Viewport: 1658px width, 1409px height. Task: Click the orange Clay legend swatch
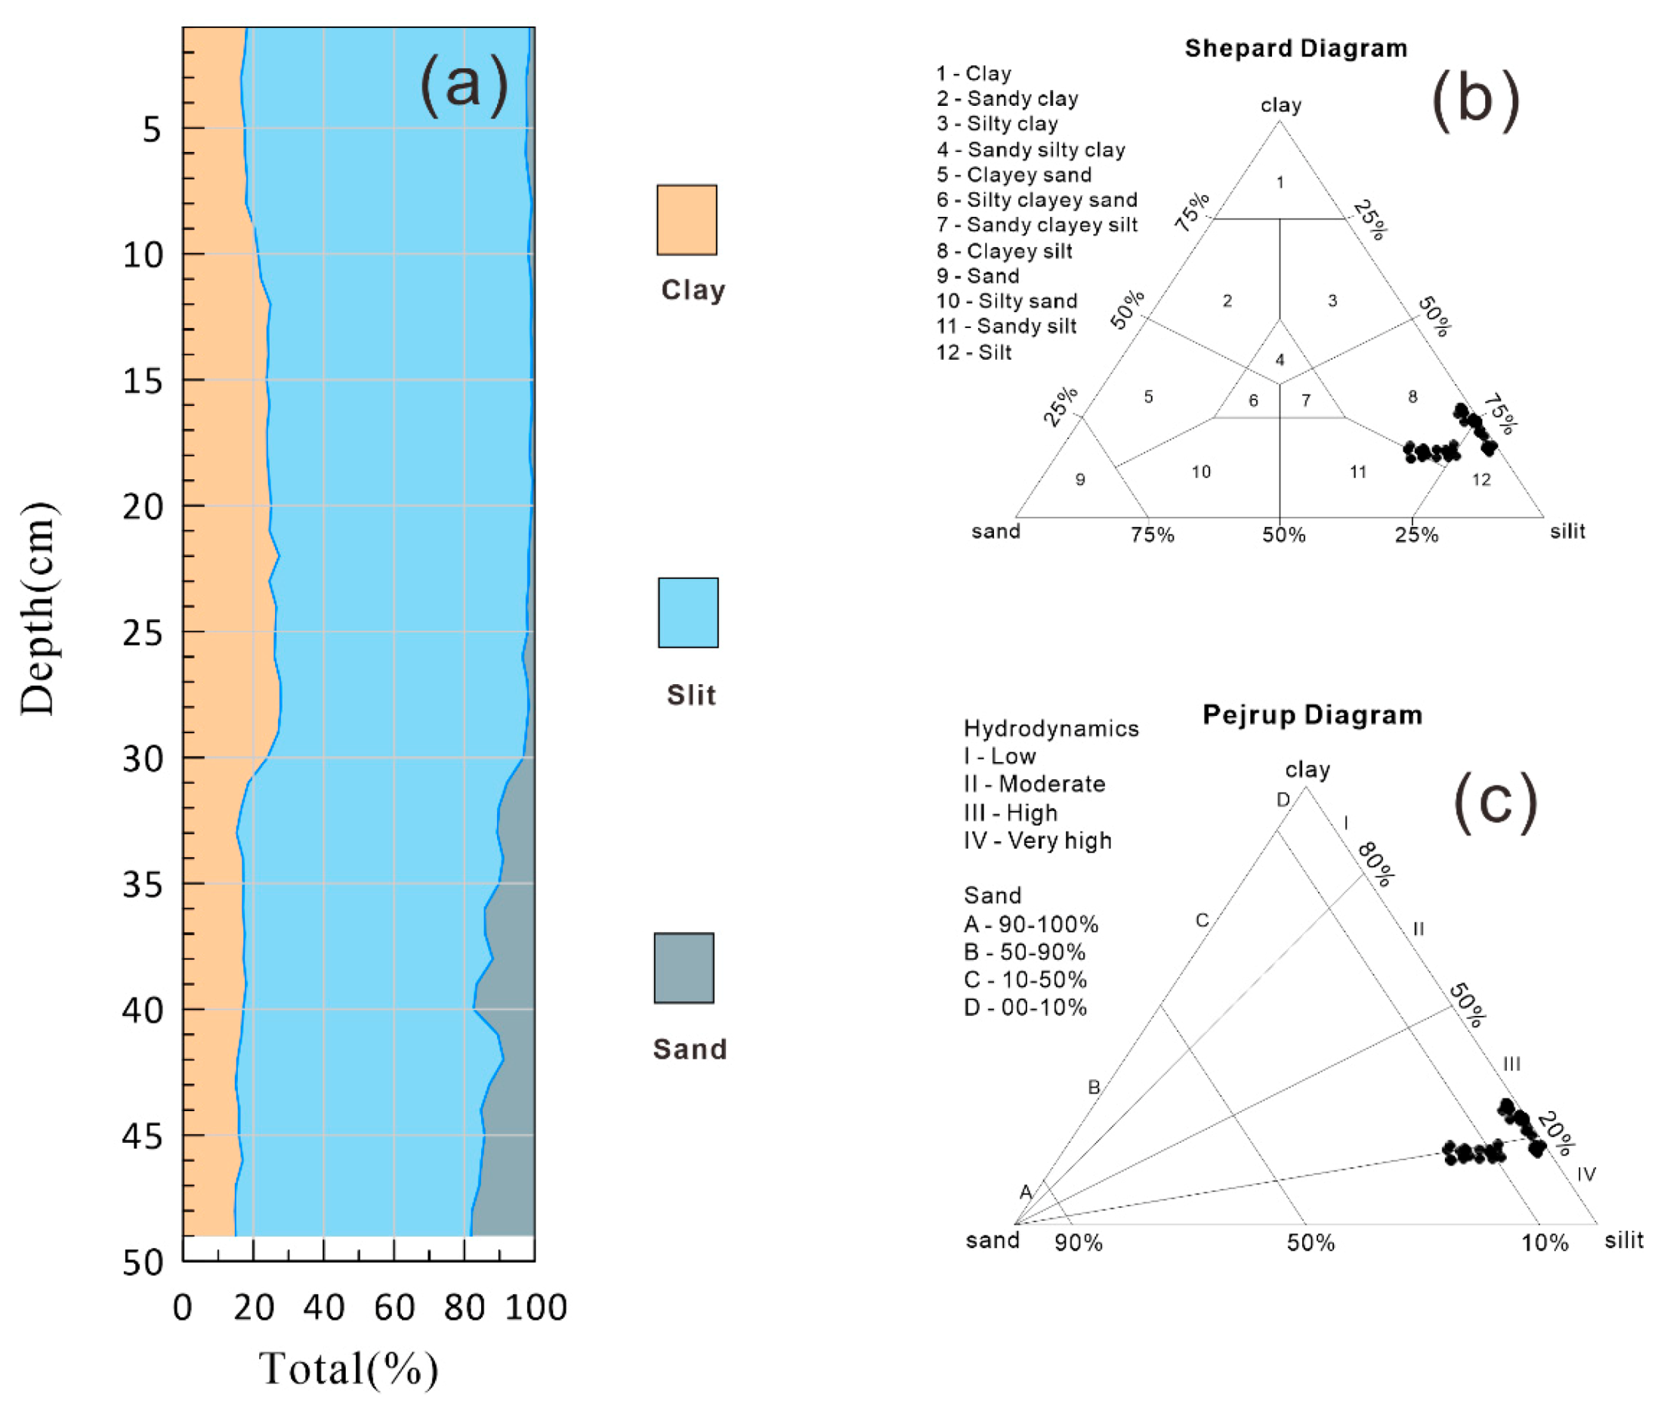[x=686, y=220]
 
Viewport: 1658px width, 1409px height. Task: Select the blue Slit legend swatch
[x=687, y=612]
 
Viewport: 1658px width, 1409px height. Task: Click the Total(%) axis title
[x=348, y=1368]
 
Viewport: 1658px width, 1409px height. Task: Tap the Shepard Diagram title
[x=1295, y=48]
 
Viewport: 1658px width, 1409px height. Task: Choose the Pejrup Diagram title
[x=1311, y=714]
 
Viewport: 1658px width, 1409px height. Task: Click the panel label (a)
[x=463, y=84]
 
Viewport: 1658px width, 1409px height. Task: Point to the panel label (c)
[x=1493, y=801]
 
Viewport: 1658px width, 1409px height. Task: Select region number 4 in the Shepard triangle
[x=1280, y=360]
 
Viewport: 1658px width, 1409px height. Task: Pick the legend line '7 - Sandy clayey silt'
[x=1036, y=225]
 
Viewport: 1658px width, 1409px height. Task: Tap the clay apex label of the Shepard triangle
[x=1280, y=105]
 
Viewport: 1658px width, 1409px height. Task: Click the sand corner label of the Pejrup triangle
[x=993, y=1240]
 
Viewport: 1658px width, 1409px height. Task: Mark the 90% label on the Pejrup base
[x=1079, y=1243]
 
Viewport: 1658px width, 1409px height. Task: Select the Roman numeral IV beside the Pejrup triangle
[x=1585, y=1174]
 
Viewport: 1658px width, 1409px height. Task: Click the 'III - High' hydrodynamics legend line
[x=1010, y=813]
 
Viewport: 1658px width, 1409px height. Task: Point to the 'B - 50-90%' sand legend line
[x=1024, y=952]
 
